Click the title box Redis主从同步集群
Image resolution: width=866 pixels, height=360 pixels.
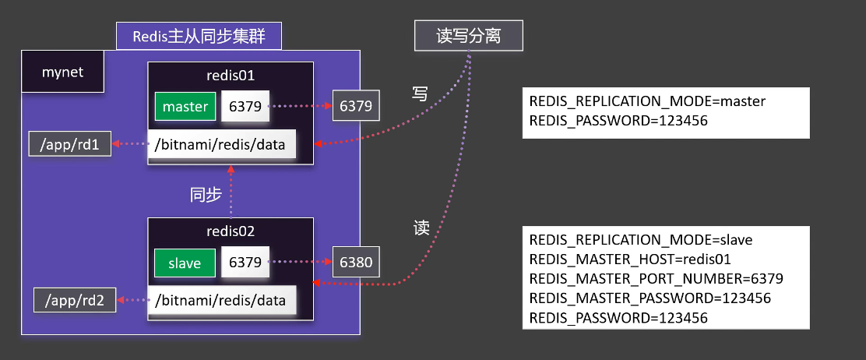(199, 36)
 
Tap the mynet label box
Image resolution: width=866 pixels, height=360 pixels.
(63, 73)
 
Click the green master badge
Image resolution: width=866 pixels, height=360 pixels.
(185, 107)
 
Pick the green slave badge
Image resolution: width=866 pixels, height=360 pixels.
(184, 263)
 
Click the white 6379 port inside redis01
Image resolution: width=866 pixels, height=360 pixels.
(246, 106)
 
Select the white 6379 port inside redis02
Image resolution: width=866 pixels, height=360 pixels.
(246, 263)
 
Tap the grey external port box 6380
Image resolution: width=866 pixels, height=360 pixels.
(357, 263)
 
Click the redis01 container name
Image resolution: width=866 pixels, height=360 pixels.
(231, 76)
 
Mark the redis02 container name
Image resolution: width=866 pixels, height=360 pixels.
(231, 231)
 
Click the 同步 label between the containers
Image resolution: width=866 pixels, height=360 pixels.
(206, 195)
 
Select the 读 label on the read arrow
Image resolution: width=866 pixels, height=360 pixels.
(421, 228)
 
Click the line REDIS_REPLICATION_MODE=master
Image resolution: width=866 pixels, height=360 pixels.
(647, 101)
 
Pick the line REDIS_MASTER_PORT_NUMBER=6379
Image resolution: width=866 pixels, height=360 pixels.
(656, 279)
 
